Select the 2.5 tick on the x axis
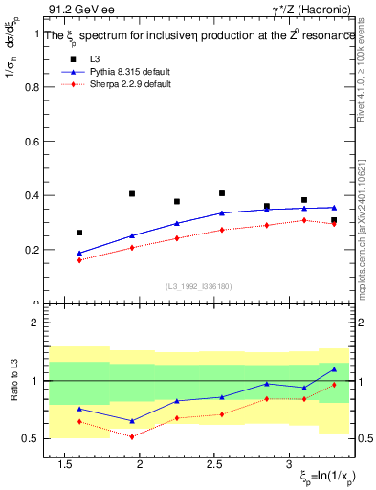point(215,466)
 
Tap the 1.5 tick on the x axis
point(66,466)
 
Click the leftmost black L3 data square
point(79,233)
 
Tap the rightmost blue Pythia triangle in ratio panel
point(334,369)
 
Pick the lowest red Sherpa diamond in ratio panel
point(133,436)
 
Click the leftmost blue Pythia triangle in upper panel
point(79,253)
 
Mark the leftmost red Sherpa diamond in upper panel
point(79,260)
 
